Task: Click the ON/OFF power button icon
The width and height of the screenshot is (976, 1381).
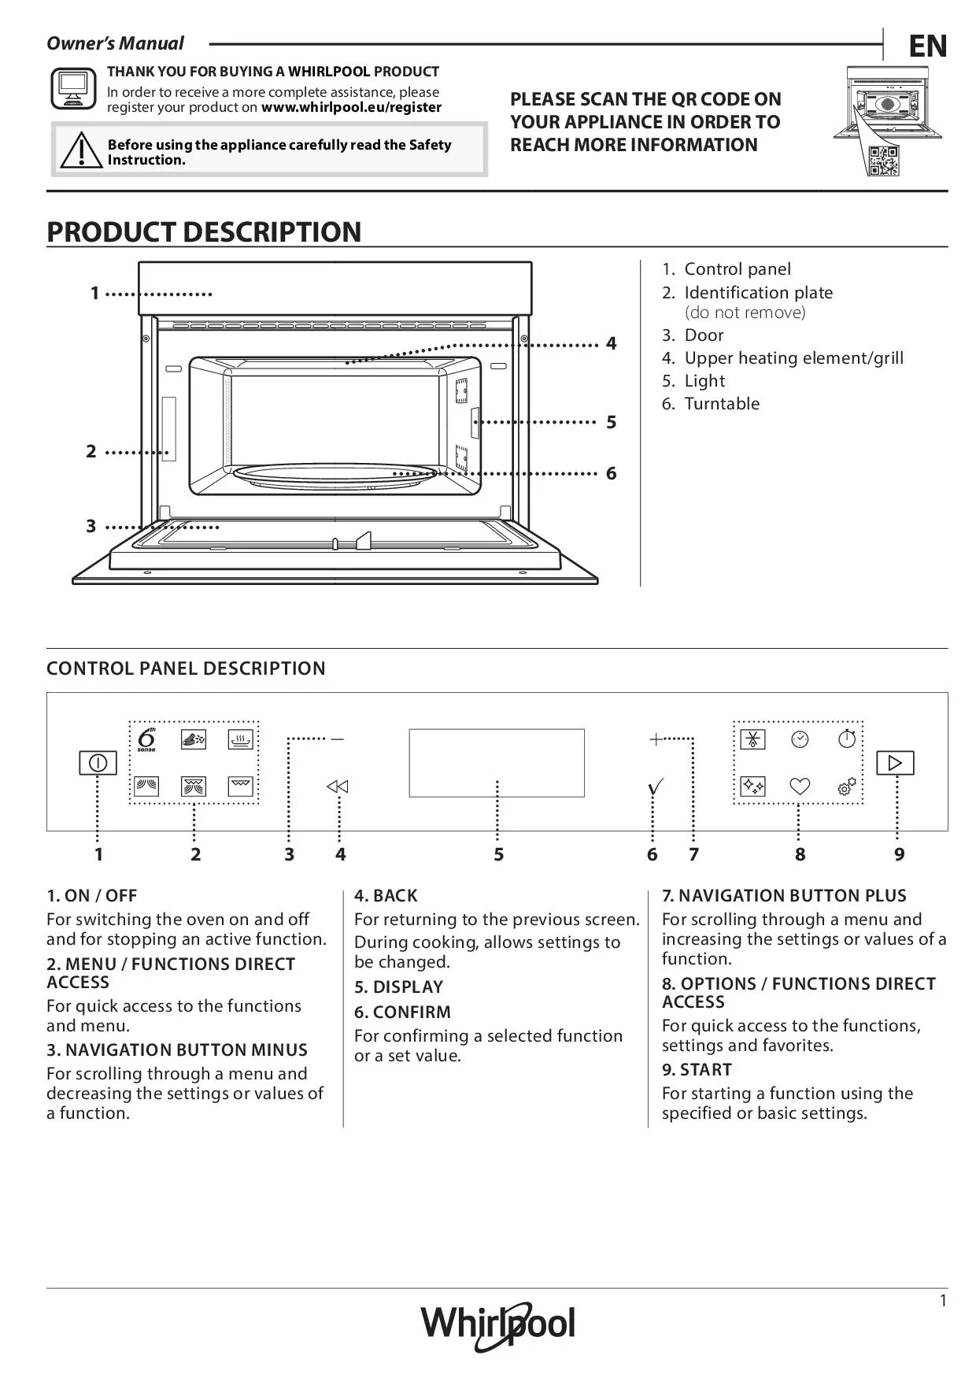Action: point(98,763)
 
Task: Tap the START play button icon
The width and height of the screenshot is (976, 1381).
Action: point(895,763)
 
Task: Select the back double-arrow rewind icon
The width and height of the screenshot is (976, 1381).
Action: point(338,787)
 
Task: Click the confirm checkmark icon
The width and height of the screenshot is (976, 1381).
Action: point(655,787)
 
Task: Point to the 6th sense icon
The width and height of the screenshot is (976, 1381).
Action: point(146,740)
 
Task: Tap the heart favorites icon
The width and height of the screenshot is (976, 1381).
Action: point(800,787)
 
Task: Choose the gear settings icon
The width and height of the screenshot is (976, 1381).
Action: point(847,787)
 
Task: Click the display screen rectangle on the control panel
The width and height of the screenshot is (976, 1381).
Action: point(497,762)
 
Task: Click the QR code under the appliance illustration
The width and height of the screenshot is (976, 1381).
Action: point(882,161)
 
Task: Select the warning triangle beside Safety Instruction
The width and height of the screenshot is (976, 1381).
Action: point(79,150)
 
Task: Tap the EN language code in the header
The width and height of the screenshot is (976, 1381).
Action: point(927,47)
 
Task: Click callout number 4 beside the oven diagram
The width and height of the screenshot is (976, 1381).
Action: point(611,343)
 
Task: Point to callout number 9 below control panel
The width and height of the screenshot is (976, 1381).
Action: point(899,854)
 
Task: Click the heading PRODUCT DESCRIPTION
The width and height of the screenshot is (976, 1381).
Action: point(204,232)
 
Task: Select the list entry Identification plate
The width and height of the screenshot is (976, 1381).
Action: point(758,293)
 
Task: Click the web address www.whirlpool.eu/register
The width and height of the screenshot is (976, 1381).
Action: point(351,108)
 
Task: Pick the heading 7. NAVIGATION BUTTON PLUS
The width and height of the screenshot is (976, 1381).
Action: point(784,896)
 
